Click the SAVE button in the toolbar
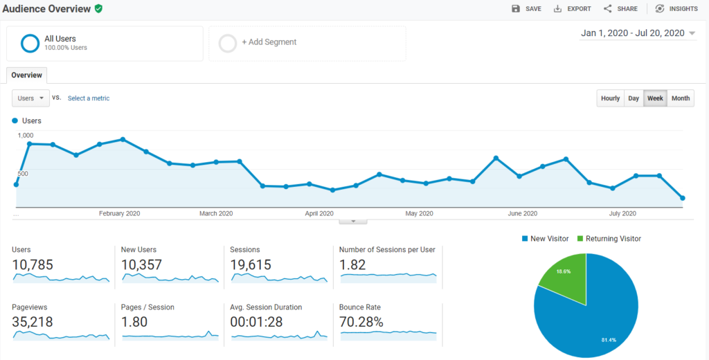(x=526, y=9)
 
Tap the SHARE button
(x=620, y=9)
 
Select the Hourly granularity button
(x=610, y=98)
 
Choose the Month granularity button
(x=681, y=98)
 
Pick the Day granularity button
(x=634, y=98)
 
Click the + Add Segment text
(x=269, y=42)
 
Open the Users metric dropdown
(x=30, y=98)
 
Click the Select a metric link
(x=89, y=98)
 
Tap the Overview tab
(x=26, y=75)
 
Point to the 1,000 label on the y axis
(x=26, y=136)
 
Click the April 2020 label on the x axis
(x=319, y=213)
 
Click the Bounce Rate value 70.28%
(x=361, y=322)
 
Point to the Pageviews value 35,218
(x=33, y=322)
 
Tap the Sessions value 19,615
(x=250, y=264)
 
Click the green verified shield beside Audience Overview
(x=99, y=9)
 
